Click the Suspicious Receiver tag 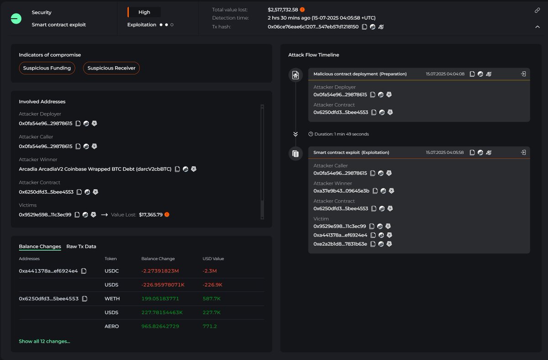pos(111,68)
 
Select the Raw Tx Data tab pos(81,246)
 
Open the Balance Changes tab pos(40,246)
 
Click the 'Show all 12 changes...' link pos(44,341)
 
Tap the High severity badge pos(144,12)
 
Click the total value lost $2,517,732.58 pos(283,10)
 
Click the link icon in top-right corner pos(537,10)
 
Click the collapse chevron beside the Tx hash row pos(537,27)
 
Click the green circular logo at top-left pos(16,18)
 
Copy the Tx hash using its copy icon pos(364,27)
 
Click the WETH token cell pos(112,299)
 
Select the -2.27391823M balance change pos(160,271)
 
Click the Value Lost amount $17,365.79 pos(151,215)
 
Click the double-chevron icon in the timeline pos(295,134)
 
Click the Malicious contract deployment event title pos(360,74)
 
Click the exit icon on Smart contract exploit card pos(523,152)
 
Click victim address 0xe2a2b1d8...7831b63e pos(340,244)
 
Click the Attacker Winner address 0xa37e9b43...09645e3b pos(341,191)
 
